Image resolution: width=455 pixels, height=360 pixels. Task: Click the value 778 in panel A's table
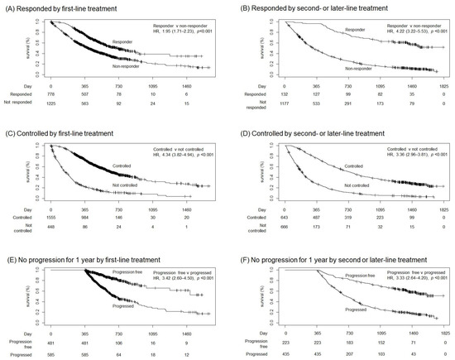pyautogui.click(x=51, y=94)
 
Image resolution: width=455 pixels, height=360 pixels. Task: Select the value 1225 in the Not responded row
pyautogui.click(x=51, y=103)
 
